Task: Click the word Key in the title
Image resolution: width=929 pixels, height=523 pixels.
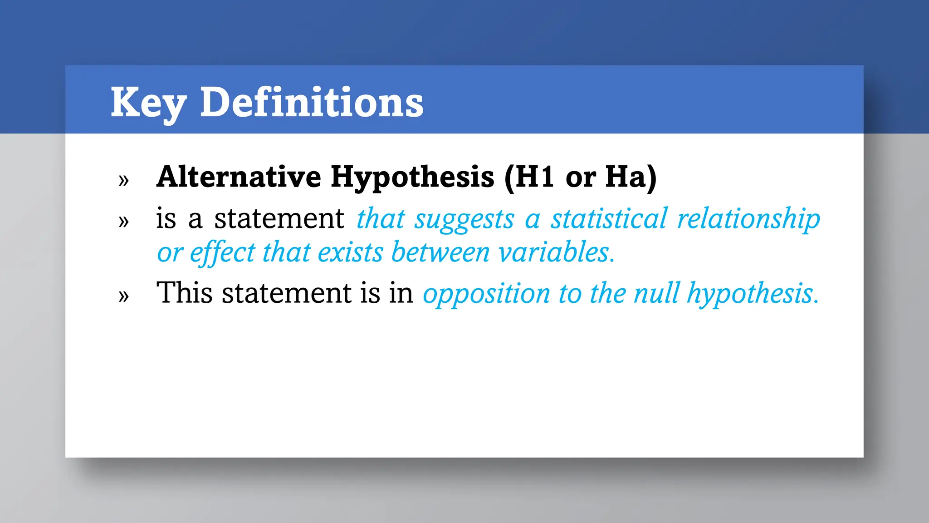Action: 148,103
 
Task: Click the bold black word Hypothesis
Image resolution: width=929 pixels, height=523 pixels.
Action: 412,178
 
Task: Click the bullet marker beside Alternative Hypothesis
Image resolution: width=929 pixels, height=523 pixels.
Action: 123,180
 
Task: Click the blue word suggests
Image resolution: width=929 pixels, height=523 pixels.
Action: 464,220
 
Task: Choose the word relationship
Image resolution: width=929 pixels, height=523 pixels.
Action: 748,219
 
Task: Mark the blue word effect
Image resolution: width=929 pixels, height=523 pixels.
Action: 222,252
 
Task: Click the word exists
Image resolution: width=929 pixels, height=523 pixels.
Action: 350,252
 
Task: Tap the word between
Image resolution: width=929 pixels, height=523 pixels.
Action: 440,252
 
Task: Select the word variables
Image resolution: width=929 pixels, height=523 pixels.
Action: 556,252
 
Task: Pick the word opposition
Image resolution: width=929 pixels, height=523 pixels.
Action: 486,294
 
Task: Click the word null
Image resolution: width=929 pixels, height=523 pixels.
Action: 657,293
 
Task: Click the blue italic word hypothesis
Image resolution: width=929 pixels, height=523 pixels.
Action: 752,294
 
